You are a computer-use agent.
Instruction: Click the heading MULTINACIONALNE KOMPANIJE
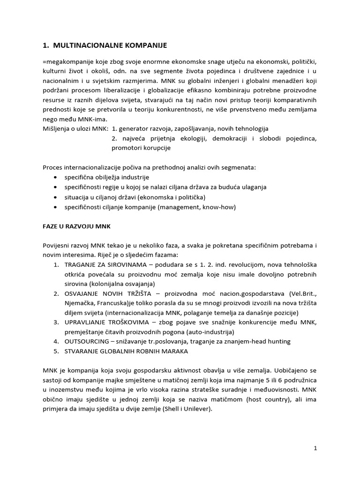click(110, 45)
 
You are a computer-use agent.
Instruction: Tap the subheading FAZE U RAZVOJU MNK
click(73, 225)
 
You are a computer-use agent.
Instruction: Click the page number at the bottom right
click(315, 448)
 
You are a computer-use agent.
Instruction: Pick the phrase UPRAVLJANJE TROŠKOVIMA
click(103, 322)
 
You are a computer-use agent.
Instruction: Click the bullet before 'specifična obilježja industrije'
click(56, 177)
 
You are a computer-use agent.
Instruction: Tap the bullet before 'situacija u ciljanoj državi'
click(56, 197)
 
